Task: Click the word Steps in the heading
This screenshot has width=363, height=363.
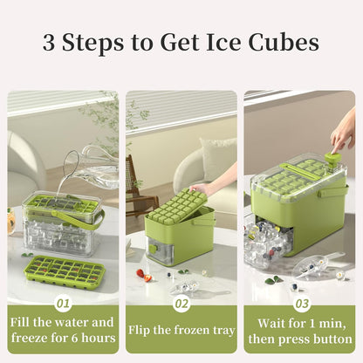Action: point(92,44)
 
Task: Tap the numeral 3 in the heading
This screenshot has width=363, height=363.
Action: point(49,42)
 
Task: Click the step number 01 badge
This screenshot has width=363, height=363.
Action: point(63,304)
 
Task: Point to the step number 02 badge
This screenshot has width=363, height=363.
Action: point(181,304)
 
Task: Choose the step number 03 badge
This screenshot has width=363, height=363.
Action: point(302,304)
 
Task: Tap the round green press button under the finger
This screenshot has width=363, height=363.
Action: point(332,158)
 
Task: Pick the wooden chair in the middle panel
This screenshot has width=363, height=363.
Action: point(140,186)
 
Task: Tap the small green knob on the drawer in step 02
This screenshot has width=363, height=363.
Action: point(152,248)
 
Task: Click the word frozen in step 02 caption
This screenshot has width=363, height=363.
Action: point(194,331)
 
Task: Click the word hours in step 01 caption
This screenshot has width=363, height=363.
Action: point(99,338)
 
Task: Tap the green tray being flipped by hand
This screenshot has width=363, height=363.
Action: point(177,207)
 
